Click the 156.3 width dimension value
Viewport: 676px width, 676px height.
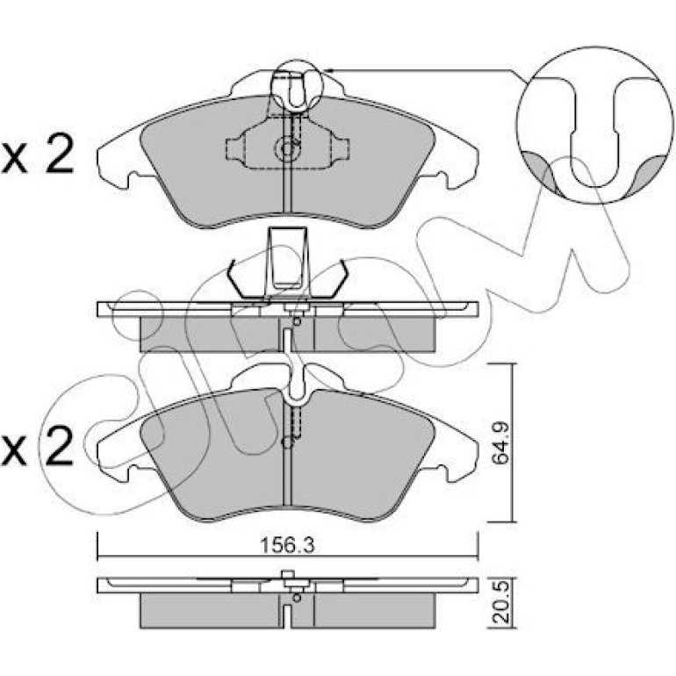tap(288, 545)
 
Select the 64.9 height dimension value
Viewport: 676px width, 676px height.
tap(501, 442)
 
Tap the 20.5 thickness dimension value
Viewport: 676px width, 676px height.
tap(501, 603)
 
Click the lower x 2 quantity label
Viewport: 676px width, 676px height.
tap(37, 445)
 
